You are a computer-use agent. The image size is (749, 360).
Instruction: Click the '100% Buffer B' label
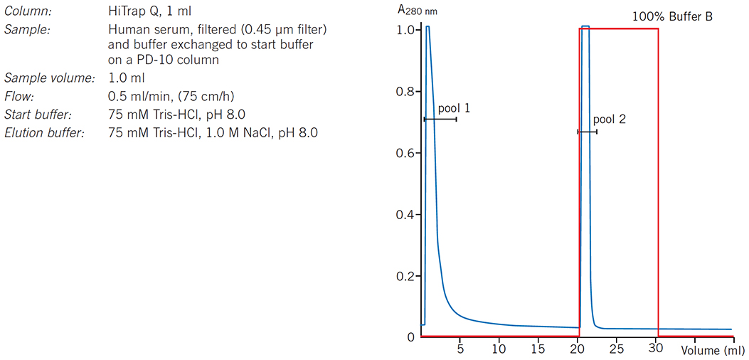coord(672,16)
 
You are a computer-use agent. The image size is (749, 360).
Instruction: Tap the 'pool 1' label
coord(454,108)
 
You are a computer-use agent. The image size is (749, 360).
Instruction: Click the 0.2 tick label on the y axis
coord(405,275)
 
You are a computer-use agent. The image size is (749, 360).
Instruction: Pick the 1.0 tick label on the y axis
coord(405,31)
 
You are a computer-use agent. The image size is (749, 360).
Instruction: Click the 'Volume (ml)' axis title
coord(713,351)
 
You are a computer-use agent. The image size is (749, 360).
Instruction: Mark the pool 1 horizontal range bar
coord(440,119)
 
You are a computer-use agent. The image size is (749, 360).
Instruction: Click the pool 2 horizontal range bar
coord(587,132)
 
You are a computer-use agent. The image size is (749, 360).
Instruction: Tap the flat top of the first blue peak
coord(428,27)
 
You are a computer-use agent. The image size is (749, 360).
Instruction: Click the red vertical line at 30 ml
coord(658,178)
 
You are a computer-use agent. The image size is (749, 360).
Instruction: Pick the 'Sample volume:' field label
coord(49,78)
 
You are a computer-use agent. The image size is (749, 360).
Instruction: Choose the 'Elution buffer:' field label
coord(45,132)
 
